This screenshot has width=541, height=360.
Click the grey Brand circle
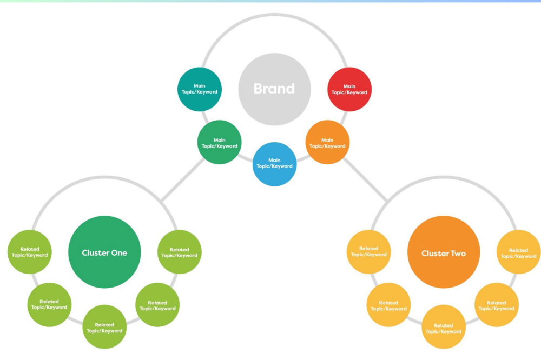[274, 89]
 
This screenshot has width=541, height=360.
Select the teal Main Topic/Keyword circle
[200, 89]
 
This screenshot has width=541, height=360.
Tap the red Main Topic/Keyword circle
[349, 89]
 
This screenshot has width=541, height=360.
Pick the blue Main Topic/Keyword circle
[274, 164]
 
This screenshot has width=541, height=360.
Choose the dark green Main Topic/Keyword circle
[219, 142]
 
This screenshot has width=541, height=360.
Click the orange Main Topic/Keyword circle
[327, 143]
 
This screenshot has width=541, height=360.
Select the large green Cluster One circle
[104, 252]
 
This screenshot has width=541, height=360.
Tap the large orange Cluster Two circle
[444, 253]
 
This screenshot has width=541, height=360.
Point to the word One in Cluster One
[120, 253]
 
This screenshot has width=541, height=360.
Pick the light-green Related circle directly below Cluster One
[104, 328]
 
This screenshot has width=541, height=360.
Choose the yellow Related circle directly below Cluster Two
[444, 328]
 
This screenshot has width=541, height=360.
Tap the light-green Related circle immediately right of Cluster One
[180, 252]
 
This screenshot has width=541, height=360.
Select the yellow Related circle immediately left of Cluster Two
[368, 251]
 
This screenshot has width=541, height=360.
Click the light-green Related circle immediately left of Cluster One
[30, 252]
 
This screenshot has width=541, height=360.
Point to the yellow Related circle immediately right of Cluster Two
[518, 252]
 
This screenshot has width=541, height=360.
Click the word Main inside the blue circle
[274, 160]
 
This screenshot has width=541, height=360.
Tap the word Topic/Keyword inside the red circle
[349, 92]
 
